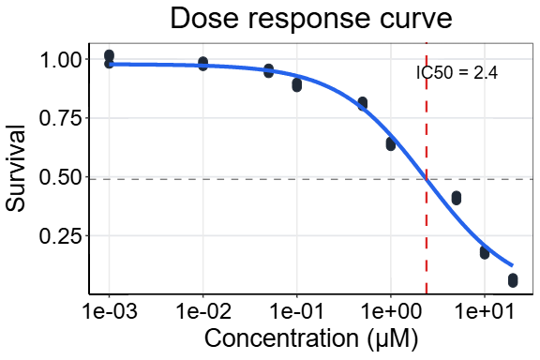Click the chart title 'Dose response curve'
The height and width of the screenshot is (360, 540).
click(310, 19)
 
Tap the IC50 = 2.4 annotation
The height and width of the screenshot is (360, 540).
click(457, 72)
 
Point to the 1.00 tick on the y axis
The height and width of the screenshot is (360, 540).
click(55, 59)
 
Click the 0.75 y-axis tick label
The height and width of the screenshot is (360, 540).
click(55, 118)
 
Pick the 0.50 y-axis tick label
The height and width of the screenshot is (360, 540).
click(55, 177)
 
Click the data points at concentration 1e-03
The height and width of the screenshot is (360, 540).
click(110, 59)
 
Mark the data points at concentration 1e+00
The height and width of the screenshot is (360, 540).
click(390, 143)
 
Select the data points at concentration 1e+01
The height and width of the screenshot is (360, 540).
click(484, 252)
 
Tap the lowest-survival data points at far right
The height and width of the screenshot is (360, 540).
click(512, 279)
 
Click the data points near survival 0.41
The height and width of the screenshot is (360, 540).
click(456, 198)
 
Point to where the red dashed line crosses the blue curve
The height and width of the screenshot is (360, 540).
click(427, 178)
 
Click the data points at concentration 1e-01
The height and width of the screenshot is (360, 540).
click(296, 85)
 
